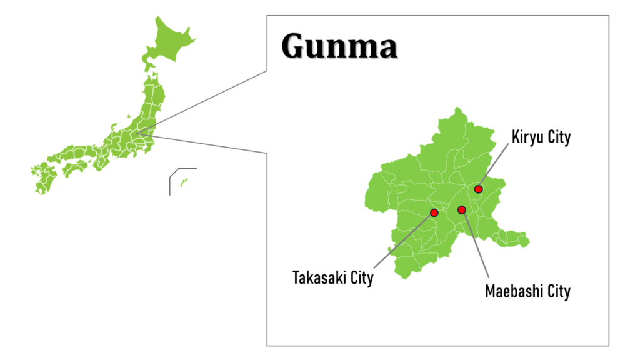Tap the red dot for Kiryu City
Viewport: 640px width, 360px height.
(x=478, y=189)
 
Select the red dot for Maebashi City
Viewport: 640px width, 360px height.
(x=462, y=210)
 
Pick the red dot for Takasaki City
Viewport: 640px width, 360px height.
(x=434, y=213)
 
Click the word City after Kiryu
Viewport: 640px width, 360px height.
(x=559, y=137)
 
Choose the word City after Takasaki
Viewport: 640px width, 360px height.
(x=361, y=277)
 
